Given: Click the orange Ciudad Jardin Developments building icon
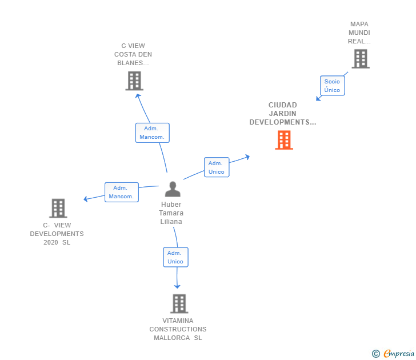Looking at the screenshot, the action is coord(284,140).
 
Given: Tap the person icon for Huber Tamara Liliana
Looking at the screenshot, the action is coord(173,189).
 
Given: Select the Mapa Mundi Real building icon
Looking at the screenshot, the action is coord(361,59).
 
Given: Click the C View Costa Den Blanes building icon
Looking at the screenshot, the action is coord(134,81).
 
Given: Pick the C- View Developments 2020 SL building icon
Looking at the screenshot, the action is coord(58,208).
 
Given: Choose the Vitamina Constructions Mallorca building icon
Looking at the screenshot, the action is coord(179,304).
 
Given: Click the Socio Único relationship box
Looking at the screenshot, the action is coord(332,86).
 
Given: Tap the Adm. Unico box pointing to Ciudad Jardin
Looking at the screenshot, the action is coord(217,167).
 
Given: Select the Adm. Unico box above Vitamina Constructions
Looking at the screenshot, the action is coord(175,257).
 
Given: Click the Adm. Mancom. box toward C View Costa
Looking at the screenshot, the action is coord(152,133).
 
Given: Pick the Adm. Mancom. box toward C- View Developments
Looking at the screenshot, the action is coord(122,192).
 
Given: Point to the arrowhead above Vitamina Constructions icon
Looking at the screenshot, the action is coord(177,286).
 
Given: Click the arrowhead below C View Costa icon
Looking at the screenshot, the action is coord(138,96).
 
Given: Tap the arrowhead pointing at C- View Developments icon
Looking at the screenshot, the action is coord(86,199).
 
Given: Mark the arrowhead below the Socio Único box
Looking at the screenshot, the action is coord(318,98).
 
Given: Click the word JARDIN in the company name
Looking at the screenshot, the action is coord(282,114).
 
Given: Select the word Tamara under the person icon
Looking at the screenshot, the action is coord(171,213).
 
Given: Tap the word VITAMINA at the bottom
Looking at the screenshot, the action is coord(178,321).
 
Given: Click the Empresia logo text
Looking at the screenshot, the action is coord(399,354).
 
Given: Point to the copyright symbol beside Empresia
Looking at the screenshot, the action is coord(376,354).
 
